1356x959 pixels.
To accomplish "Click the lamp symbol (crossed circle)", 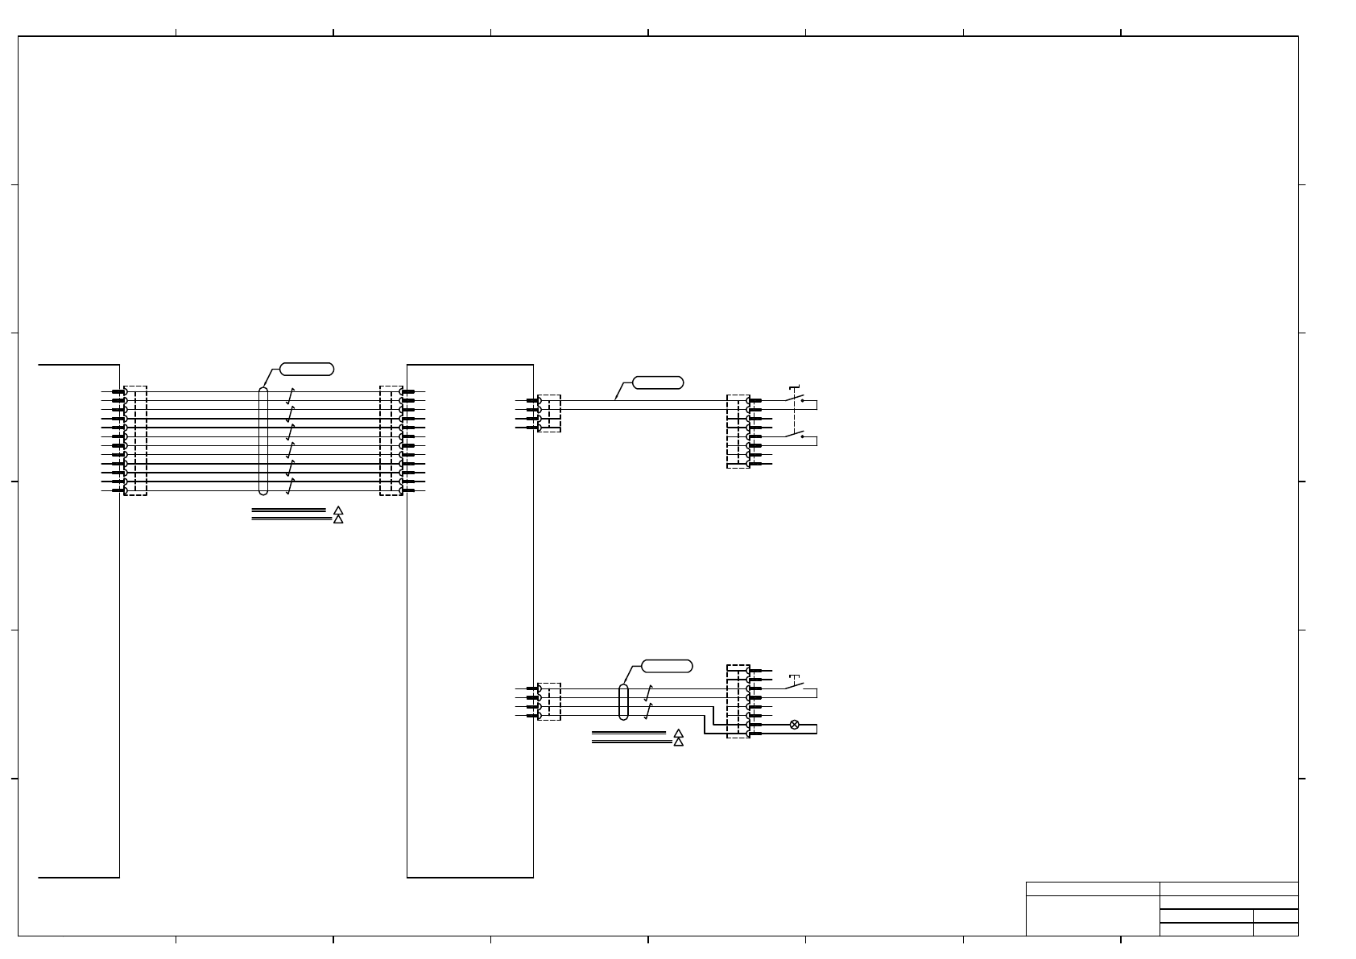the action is coord(794,725).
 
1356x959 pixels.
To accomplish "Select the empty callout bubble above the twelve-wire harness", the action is coord(307,370).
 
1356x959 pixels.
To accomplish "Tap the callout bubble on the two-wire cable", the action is coord(658,382).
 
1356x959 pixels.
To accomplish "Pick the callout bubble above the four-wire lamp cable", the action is coord(667,666).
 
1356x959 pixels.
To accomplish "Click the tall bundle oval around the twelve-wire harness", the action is coord(263,441).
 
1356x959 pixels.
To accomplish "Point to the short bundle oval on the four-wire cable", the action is coord(623,702).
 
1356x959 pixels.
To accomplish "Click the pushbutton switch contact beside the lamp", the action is coord(795,687).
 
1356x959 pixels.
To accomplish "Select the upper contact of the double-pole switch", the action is coord(795,398).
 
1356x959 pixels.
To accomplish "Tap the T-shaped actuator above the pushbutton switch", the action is coord(794,676).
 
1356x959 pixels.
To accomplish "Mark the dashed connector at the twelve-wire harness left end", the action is coord(135,440).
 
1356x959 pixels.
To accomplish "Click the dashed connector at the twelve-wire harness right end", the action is coord(391,440).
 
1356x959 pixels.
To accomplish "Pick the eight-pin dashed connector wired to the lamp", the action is coord(738,701).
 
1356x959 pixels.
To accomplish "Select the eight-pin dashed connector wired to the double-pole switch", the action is coord(738,432).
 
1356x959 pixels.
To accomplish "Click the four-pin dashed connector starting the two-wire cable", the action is coord(549,413).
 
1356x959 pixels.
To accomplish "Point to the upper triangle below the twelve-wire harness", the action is coord(338,510).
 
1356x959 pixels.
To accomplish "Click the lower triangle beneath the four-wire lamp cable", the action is coord(678,742).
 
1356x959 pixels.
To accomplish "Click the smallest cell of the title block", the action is coord(1275,929).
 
